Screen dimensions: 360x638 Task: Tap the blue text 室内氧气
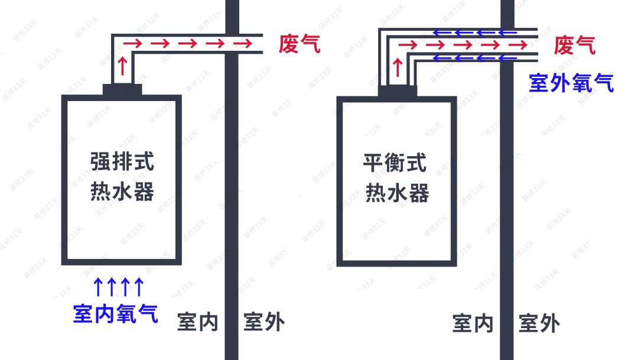point(116,313)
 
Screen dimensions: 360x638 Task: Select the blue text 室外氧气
point(571,83)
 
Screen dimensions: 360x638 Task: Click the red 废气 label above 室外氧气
point(574,45)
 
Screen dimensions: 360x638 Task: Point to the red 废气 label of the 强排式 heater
point(300,44)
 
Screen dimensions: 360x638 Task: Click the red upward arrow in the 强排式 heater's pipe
point(122,65)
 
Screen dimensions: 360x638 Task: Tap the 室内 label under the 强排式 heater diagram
point(198,323)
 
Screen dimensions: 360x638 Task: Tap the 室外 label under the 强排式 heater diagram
point(264,323)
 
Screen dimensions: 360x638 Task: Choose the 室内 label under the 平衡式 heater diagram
point(473,324)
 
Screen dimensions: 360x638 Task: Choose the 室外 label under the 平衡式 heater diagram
point(539,324)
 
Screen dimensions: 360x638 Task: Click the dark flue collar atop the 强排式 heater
point(123,89)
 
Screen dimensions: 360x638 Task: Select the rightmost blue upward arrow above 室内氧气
point(139,287)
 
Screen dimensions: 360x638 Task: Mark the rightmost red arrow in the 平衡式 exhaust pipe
point(519,44)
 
